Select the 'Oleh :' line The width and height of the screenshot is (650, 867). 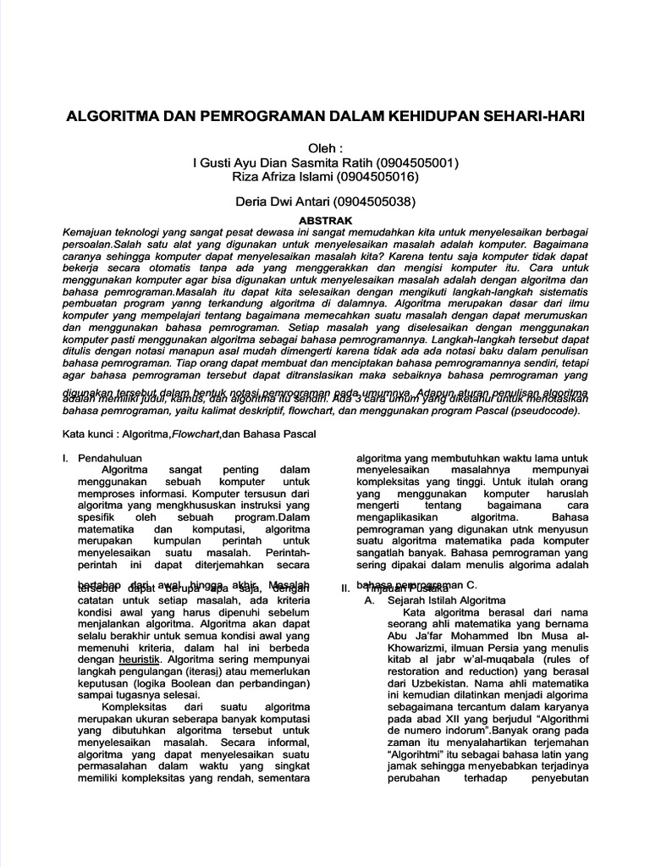point(324,146)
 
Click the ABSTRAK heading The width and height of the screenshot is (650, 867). point(325,218)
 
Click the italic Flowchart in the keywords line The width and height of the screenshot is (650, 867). point(196,435)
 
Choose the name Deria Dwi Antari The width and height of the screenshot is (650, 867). point(282,202)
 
